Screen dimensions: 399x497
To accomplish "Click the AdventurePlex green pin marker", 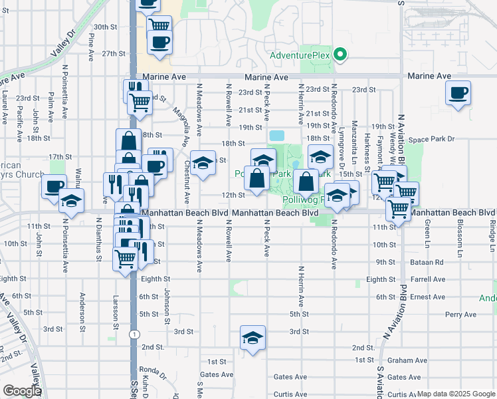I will pos(341,55).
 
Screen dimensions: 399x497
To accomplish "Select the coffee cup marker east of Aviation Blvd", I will pos(458,93).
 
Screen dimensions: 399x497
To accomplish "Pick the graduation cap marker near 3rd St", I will pos(252,338).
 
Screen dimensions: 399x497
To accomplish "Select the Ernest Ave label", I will pos(428,297).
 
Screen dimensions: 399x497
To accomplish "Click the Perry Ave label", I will pos(461,314).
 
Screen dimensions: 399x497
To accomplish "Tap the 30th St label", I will pos(105,27).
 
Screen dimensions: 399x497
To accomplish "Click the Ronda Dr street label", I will pos(153,370).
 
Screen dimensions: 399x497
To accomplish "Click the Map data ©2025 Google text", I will pos(456,394).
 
